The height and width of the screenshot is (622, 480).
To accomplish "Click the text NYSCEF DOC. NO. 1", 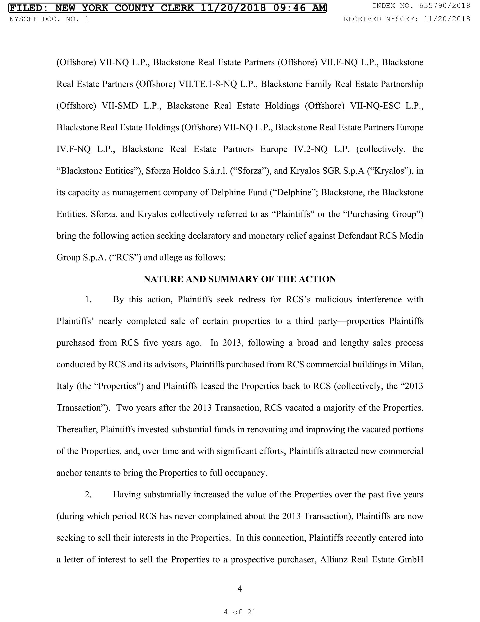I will pyautogui.click(x=49, y=19).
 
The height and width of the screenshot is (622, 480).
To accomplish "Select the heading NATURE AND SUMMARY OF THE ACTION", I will pyautogui.click(x=240, y=279).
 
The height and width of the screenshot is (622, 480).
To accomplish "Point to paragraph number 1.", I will pyautogui.click(x=88, y=299).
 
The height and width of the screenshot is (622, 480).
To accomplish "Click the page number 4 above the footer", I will pyautogui.click(x=240, y=589).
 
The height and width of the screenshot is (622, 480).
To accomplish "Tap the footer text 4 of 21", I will pyautogui.click(x=240, y=612).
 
